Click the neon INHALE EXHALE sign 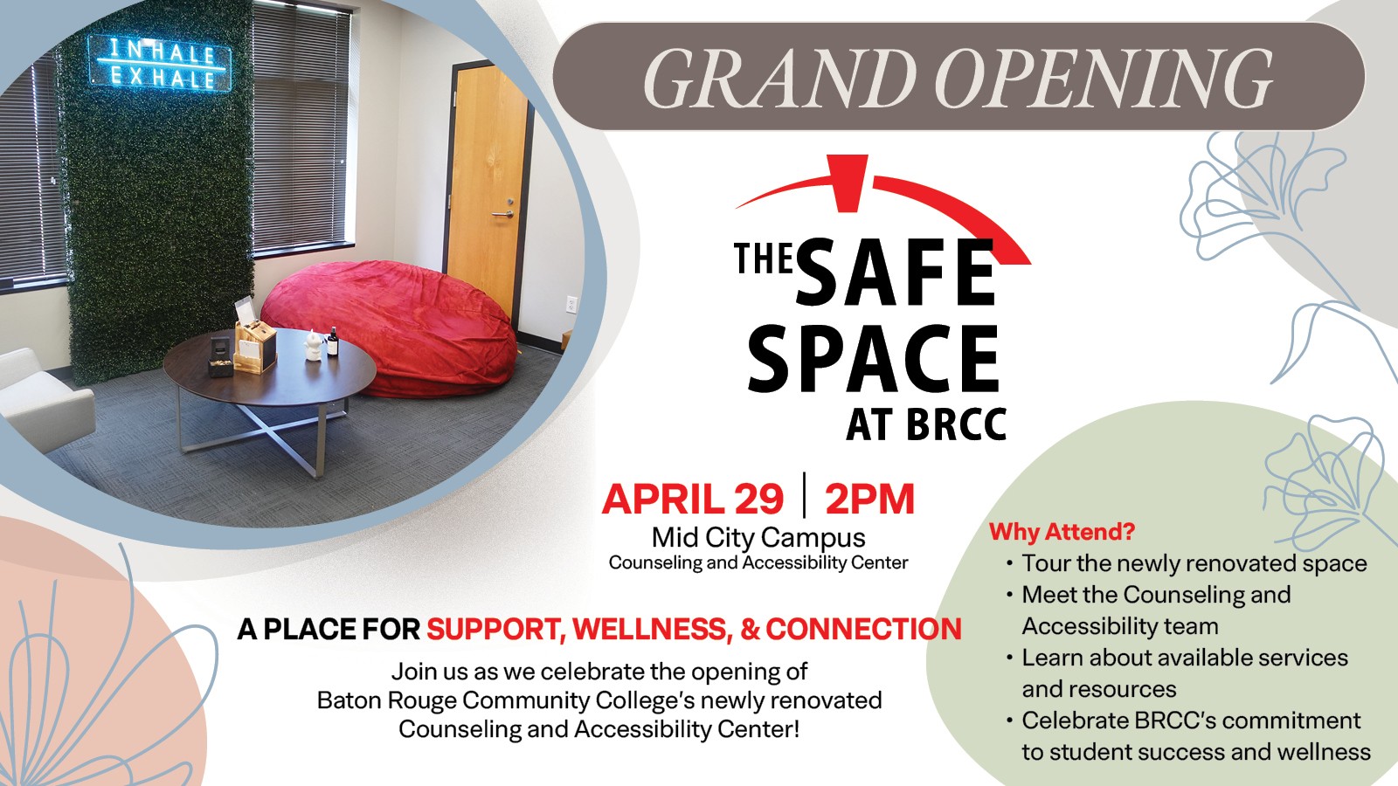pyautogui.click(x=160, y=65)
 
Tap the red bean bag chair pyautogui.click(x=389, y=327)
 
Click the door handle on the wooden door pyautogui.click(x=503, y=213)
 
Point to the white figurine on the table pyautogui.click(x=312, y=346)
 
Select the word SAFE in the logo pyautogui.click(x=896, y=273)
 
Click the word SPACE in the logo pyautogui.click(x=874, y=357)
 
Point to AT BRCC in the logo pyautogui.click(x=927, y=424)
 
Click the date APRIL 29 pyautogui.click(x=693, y=499)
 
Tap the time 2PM pyautogui.click(x=870, y=499)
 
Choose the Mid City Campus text pyautogui.click(x=759, y=537)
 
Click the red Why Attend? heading pyautogui.click(x=1062, y=532)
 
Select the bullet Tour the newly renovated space pyautogui.click(x=1194, y=563)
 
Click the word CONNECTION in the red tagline pyautogui.click(x=864, y=630)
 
